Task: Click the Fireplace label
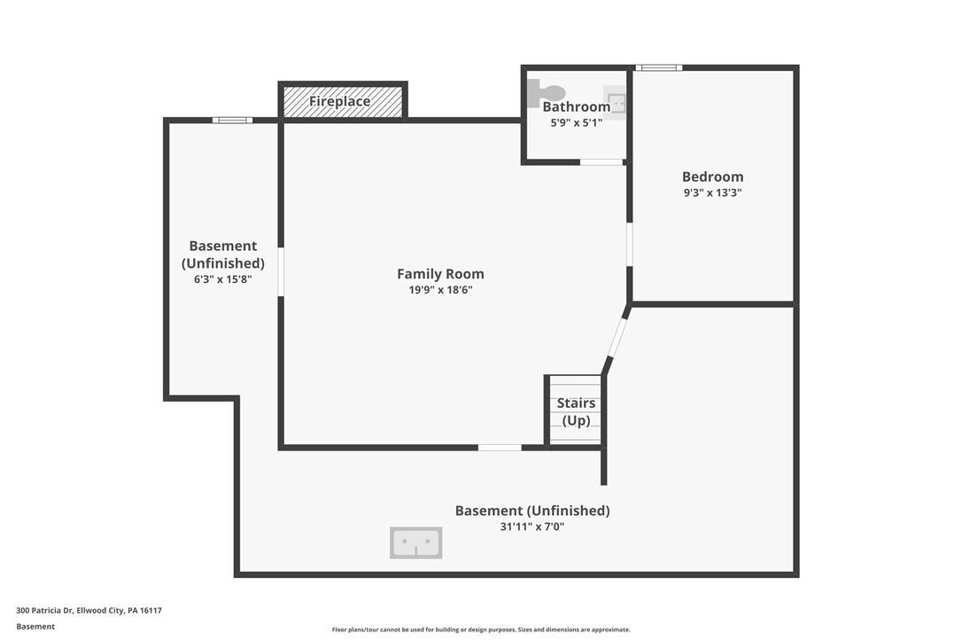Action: [339, 101]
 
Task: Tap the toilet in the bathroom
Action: [546, 93]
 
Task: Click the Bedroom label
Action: [712, 177]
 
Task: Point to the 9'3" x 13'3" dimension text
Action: [712, 193]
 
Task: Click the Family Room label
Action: [440, 274]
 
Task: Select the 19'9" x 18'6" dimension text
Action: [440, 290]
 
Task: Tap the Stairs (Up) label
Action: [576, 411]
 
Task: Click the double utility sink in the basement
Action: [416, 543]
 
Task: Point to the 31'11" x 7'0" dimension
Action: [531, 527]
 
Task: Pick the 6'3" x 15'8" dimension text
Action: [222, 279]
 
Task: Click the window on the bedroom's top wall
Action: [658, 67]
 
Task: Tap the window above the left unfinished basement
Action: [232, 121]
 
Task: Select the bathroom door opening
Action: [601, 162]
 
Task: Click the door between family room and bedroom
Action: [630, 245]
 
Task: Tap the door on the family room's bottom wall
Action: [500, 448]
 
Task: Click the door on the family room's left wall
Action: [281, 272]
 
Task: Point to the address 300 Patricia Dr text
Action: [89, 611]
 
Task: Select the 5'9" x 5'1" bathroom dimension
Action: [576, 123]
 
